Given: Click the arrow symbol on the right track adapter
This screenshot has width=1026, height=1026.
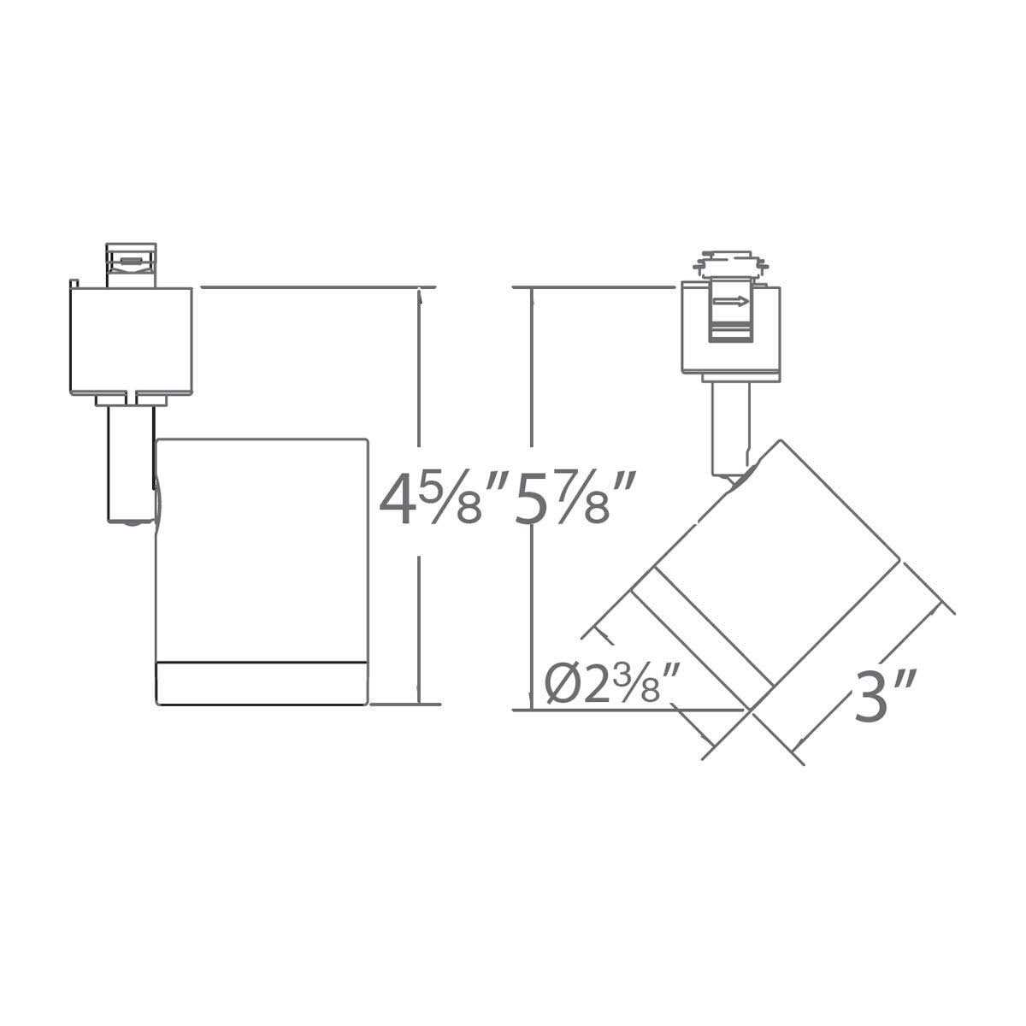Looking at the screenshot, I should point(732,300).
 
